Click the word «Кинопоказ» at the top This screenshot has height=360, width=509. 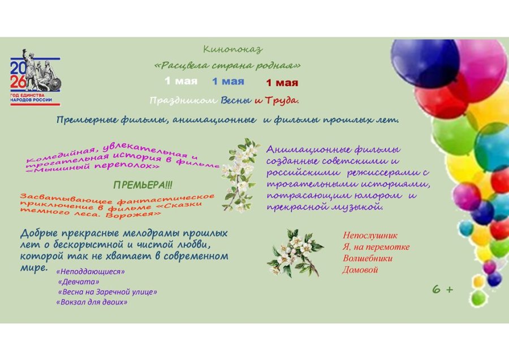[x=233, y=49]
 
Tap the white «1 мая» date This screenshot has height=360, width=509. [x=181, y=81]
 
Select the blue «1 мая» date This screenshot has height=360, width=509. [x=228, y=81]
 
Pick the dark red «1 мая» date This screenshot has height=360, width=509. [x=282, y=83]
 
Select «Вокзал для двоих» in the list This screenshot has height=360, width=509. [x=92, y=302]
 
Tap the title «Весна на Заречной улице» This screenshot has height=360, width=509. [x=107, y=292]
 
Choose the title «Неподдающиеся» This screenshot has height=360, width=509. [x=90, y=272]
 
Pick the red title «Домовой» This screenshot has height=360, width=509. [x=360, y=269]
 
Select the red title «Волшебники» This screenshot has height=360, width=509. [x=367, y=258]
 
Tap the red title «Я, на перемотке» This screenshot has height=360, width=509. [x=376, y=247]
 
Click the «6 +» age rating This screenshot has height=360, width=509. [x=442, y=289]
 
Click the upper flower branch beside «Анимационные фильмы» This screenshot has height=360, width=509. [x=240, y=173]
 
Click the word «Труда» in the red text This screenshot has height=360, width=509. [x=281, y=101]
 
